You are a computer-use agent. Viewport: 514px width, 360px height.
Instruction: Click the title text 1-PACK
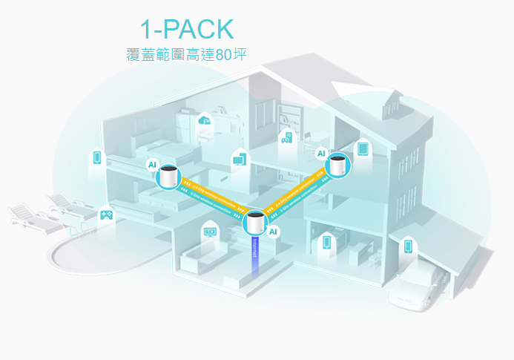click(x=187, y=28)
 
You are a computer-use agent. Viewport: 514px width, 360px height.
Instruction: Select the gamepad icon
click(x=106, y=214)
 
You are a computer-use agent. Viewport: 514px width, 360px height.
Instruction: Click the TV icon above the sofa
click(x=211, y=232)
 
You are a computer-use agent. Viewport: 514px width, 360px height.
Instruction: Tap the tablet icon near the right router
click(x=363, y=148)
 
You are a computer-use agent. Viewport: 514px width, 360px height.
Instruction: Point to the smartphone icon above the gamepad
click(x=96, y=157)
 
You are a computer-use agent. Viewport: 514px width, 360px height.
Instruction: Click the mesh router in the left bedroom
click(x=169, y=177)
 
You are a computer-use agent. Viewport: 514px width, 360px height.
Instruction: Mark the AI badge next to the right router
click(x=321, y=154)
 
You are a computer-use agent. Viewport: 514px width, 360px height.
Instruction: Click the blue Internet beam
click(x=254, y=256)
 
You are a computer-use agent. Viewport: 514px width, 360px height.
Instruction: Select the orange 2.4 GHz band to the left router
click(x=215, y=194)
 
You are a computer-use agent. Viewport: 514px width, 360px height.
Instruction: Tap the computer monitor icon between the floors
click(x=240, y=157)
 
